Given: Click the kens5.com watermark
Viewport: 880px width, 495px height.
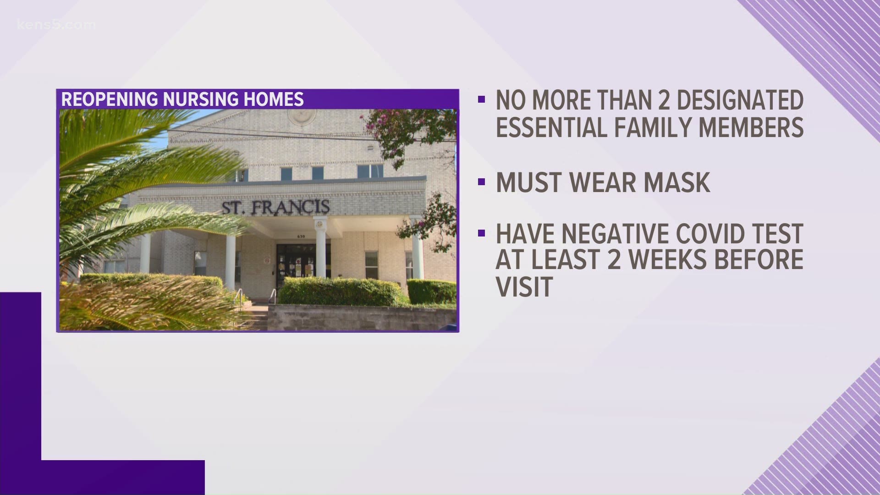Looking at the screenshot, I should click(x=56, y=24).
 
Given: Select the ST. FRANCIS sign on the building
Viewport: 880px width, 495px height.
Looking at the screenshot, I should click(x=276, y=207).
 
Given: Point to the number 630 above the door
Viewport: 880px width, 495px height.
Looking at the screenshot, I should click(x=300, y=236).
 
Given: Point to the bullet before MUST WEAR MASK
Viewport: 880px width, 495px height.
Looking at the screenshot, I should click(x=481, y=182).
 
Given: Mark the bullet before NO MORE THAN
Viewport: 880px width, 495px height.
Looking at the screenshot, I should click(x=481, y=99).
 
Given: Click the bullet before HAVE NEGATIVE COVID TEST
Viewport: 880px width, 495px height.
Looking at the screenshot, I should click(x=481, y=233).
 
